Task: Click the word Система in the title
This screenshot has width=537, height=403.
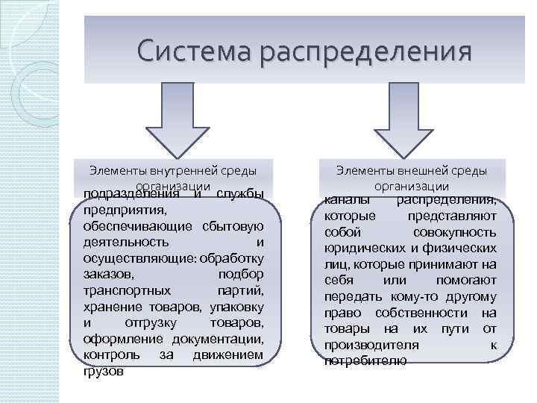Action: tap(192, 52)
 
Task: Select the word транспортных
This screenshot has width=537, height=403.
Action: tap(127, 290)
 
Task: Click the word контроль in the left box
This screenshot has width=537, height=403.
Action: tap(109, 355)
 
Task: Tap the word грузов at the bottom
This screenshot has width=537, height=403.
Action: tap(104, 371)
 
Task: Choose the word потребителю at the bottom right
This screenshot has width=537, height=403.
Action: tap(365, 360)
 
